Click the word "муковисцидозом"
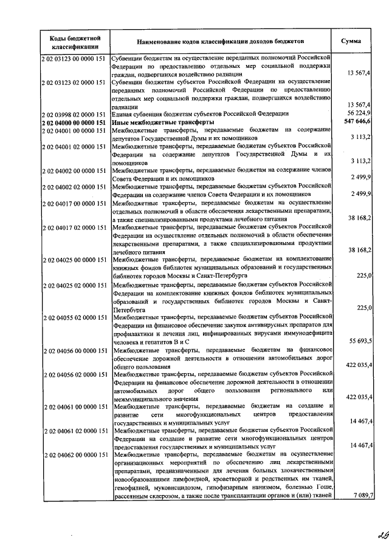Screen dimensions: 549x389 [x=172, y=487]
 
